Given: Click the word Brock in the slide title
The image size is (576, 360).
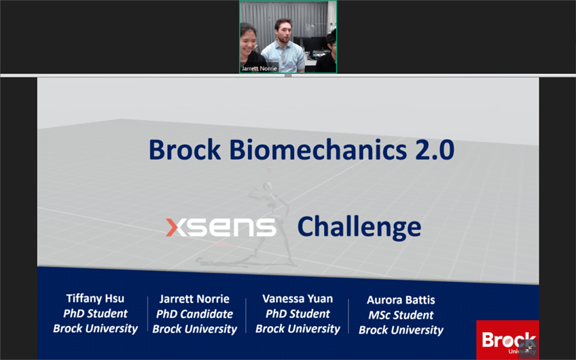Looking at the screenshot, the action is pyautogui.click(x=185, y=149).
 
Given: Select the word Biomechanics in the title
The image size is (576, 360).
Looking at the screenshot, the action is pyautogui.click(x=318, y=149).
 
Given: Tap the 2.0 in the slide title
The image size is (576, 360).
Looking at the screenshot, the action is pyautogui.click(x=435, y=149).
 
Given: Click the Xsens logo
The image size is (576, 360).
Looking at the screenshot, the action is pyautogui.click(x=221, y=228).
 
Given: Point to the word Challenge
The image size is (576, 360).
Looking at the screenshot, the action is pyautogui.click(x=359, y=228).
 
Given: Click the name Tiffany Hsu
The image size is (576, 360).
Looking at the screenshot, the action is pyautogui.click(x=95, y=298).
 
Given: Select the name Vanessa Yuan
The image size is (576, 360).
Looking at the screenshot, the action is pyautogui.click(x=298, y=299).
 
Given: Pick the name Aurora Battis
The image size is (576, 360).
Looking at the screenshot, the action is pyautogui.click(x=401, y=300).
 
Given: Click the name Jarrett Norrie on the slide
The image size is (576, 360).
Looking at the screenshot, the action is pyautogui.click(x=194, y=299).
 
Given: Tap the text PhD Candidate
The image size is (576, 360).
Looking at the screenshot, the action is pyautogui.click(x=194, y=314).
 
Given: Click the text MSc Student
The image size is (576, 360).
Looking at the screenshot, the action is pyautogui.click(x=401, y=315).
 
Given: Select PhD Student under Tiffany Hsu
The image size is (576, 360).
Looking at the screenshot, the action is pyautogui.click(x=95, y=313).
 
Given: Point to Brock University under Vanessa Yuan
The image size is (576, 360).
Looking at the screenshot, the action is pyautogui.click(x=298, y=329).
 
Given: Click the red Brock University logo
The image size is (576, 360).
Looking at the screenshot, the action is pyautogui.click(x=507, y=340).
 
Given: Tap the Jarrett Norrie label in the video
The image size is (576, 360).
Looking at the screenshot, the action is pyautogui.click(x=259, y=69).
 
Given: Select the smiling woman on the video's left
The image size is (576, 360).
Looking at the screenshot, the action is pyautogui.click(x=251, y=47).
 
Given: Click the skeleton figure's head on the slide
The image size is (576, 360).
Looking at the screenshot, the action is pyautogui.click(x=268, y=187).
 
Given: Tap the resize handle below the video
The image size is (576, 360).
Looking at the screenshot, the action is pyautogui.click(x=288, y=75).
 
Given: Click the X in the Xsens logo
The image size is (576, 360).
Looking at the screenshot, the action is pyautogui.click(x=177, y=228).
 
